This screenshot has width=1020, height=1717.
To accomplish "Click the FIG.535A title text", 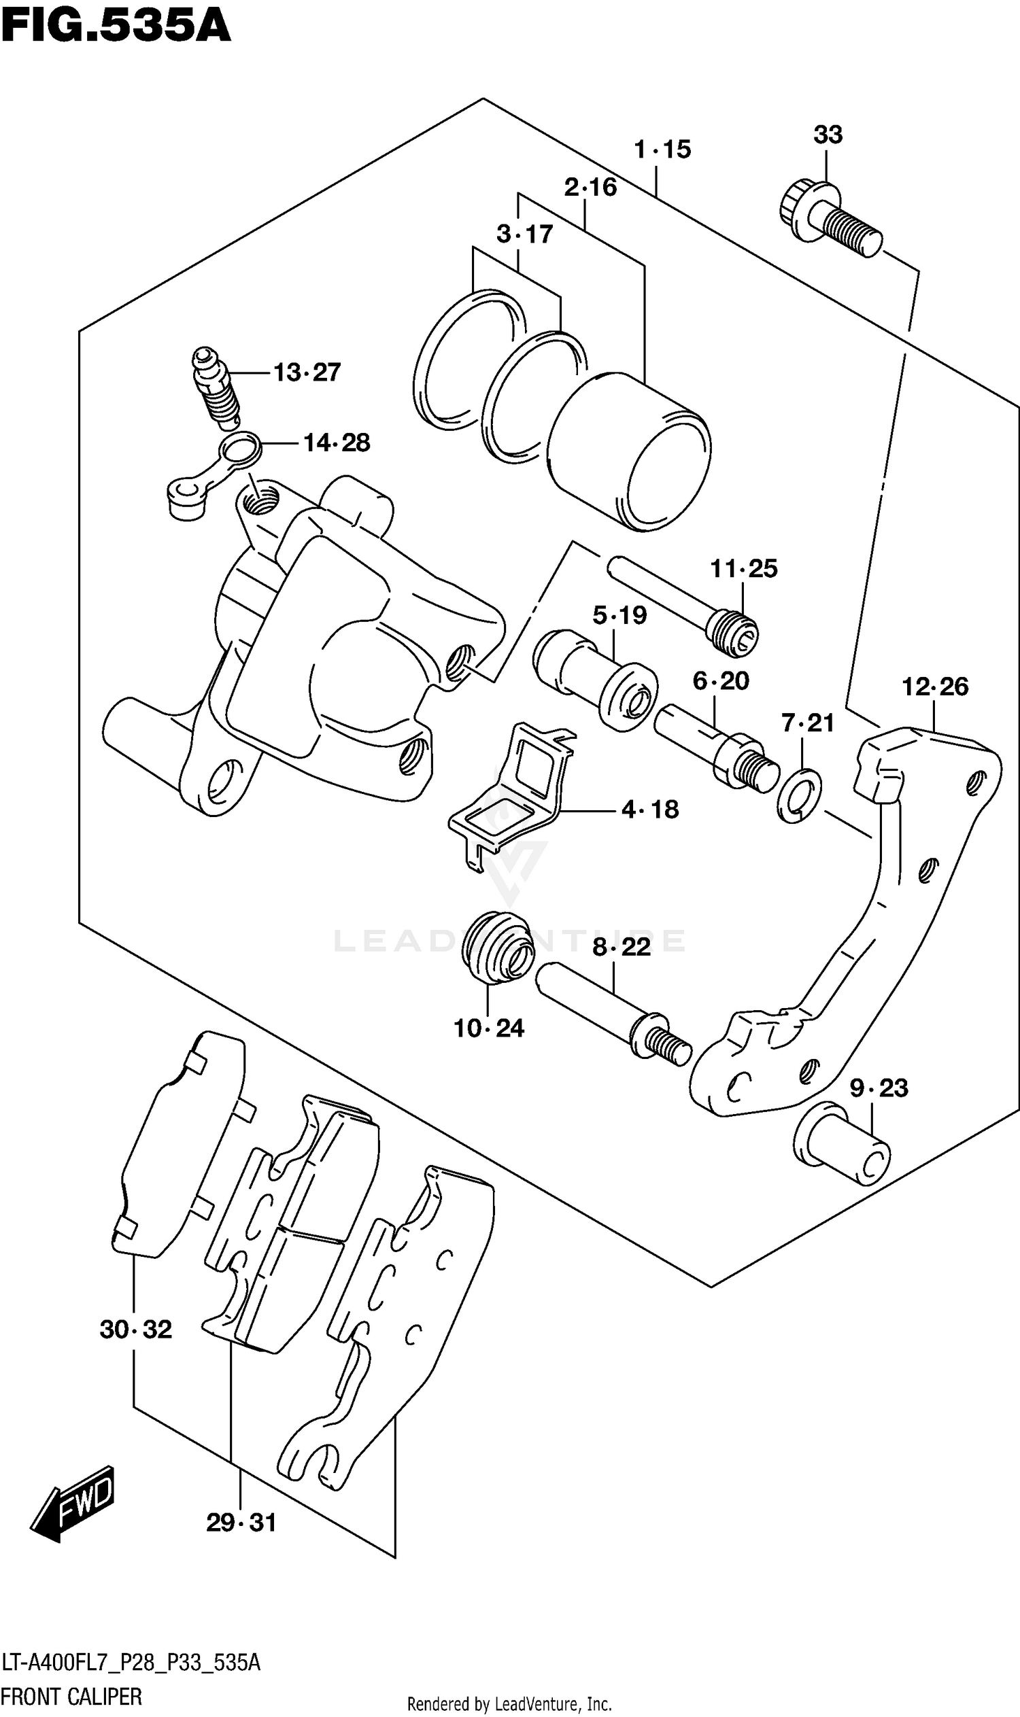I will pos(116,27).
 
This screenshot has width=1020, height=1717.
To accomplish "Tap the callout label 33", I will pos(828,135).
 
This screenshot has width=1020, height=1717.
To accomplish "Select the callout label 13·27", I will pos(307,373).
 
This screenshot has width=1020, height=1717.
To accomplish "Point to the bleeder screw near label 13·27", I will pos(215,387).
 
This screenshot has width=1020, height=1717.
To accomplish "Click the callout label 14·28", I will pos(336,443).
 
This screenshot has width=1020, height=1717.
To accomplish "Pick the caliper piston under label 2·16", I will pos(629,453).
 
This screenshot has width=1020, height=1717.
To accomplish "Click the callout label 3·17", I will pos(524,235).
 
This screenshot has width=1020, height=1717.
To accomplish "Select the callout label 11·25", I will pos(743,569).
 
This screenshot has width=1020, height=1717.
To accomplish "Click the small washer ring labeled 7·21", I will pos(800,796).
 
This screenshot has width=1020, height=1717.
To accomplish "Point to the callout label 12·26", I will pos(935,687).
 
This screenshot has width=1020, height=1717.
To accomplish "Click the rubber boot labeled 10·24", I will pos(497,948).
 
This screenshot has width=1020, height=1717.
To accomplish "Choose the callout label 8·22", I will pos(621,948).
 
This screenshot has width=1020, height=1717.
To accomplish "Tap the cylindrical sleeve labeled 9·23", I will pos(841,1143).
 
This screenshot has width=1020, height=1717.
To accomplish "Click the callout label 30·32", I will pos(135,1330).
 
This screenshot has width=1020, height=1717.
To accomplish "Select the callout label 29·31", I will pos(241,1523).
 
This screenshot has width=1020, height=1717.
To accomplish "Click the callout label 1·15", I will pos(662,149).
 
